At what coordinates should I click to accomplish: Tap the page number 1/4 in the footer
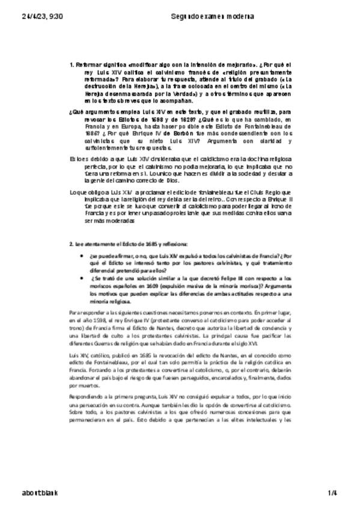point(332,495)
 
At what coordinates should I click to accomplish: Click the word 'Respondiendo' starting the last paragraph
point(87,398)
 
